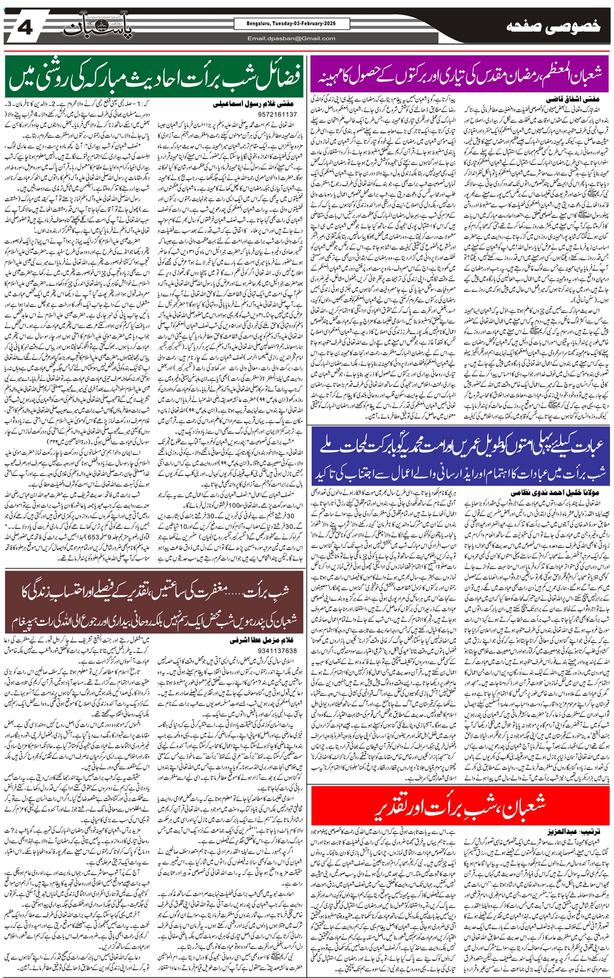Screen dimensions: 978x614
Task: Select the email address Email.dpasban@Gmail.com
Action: point(291,39)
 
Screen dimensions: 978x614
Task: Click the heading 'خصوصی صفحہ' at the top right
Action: point(554,27)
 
